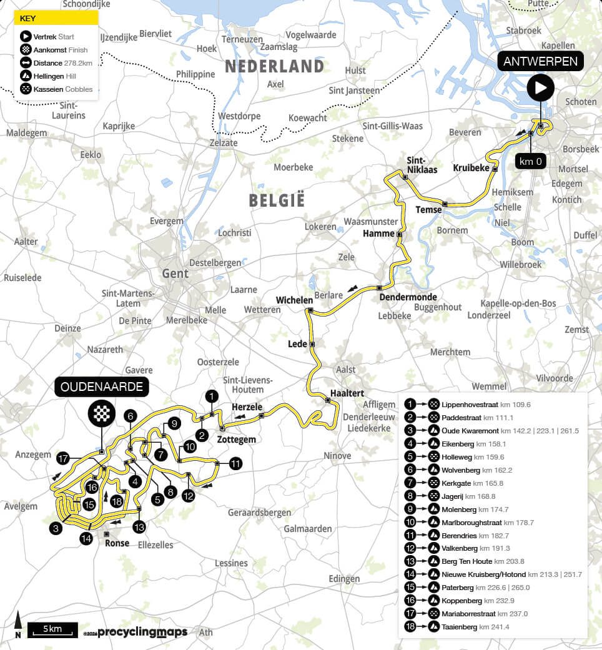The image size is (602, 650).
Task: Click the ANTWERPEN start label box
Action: click(x=541, y=61)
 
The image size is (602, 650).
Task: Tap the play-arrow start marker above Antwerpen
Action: click(x=540, y=87)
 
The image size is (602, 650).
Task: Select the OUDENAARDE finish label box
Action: click(x=102, y=387)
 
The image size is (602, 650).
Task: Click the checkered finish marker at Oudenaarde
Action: click(x=102, y=413)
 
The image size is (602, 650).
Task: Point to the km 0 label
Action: click(x=531, y=160)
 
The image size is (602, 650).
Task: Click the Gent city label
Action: click(x=175, y=273)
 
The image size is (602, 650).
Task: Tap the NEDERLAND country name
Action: click(x=274, y=66)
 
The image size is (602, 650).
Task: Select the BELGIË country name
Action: click(x=277, y=200)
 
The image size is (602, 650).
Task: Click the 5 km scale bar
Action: click(x=52, y=629)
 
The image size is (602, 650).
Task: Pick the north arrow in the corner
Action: click(x=18, y=625)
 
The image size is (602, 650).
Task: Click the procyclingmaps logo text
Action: click(x=142, y=633)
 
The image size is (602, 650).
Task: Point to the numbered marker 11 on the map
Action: click(x=235, y=463)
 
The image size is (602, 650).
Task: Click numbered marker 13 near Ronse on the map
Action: click(x=139, y=527)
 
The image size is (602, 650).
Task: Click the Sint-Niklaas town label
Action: click(x=420, y=164)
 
